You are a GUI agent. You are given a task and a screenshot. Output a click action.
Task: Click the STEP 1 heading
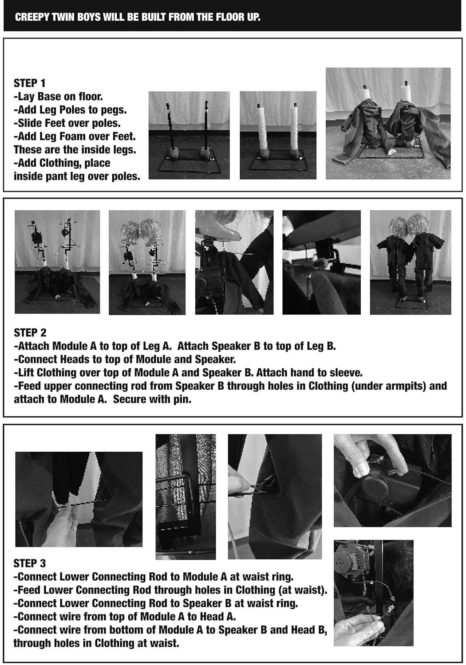coord(29,83)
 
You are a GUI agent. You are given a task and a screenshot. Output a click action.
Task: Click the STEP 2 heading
coord(30,332)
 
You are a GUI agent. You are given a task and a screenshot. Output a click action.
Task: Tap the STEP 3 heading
coord(30,563)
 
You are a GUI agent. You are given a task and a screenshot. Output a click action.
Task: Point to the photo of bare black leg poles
coord(189,135)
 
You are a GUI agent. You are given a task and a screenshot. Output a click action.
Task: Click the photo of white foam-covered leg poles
coord(278,135)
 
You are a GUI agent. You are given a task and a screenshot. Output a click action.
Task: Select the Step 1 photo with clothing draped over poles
coord(388,123)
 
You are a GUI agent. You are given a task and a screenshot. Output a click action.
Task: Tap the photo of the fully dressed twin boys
coord(411,262)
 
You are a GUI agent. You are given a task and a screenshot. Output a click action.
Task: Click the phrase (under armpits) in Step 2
coord(388,386)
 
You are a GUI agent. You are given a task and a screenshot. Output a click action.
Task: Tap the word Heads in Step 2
coord(75,359)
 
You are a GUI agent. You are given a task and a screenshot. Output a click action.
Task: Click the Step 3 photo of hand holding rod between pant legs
coord(79,499)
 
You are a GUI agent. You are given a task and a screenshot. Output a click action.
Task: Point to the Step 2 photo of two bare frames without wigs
coord(57,262)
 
